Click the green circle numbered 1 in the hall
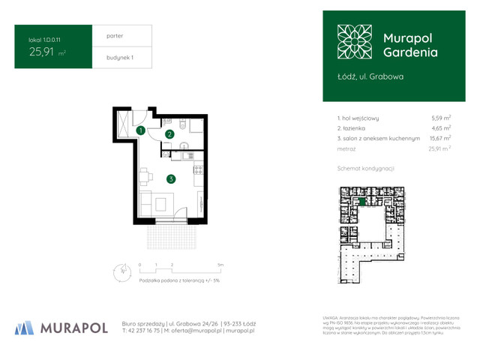pyautogui.click(x=140, y=131)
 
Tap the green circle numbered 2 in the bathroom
pyautogui.click(x=169, y=134)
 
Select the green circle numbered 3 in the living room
pyautogui.click(x=171, y=178)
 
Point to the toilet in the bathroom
pyautogui.click(x=169, y=120)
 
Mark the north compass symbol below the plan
pyautogui.click(x=118, y=271)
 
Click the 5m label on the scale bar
pyautogui.click(x=220, y=265)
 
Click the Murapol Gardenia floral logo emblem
pyautogui.click(x=354, y=43)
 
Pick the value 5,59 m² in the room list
pyautogui.click(x=440, y=118)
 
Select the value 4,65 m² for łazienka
pyautogui.click(x=440, y=128)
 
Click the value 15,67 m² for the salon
pyautogui.click(x=439, y=139)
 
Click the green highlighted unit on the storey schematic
pyautogui.click(x=363, y=201)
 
